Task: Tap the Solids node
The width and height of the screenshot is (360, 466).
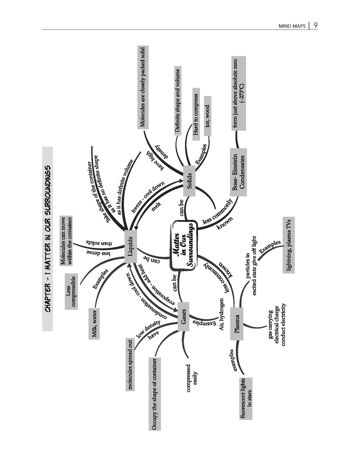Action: (189, 180)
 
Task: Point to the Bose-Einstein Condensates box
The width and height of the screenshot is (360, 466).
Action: (238, 172)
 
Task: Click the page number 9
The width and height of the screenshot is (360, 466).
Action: (315, 26)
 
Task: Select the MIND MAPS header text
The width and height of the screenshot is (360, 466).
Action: (292, 26)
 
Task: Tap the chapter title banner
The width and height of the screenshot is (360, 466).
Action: (47, 239)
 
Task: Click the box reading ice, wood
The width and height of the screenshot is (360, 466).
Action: (208, 116)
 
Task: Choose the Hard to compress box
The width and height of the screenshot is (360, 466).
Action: (196, 114)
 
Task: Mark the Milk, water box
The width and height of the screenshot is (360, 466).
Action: (94, 324)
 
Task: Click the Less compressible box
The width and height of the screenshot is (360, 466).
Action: (71, 292)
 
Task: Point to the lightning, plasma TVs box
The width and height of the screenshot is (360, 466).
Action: (289, 245)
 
